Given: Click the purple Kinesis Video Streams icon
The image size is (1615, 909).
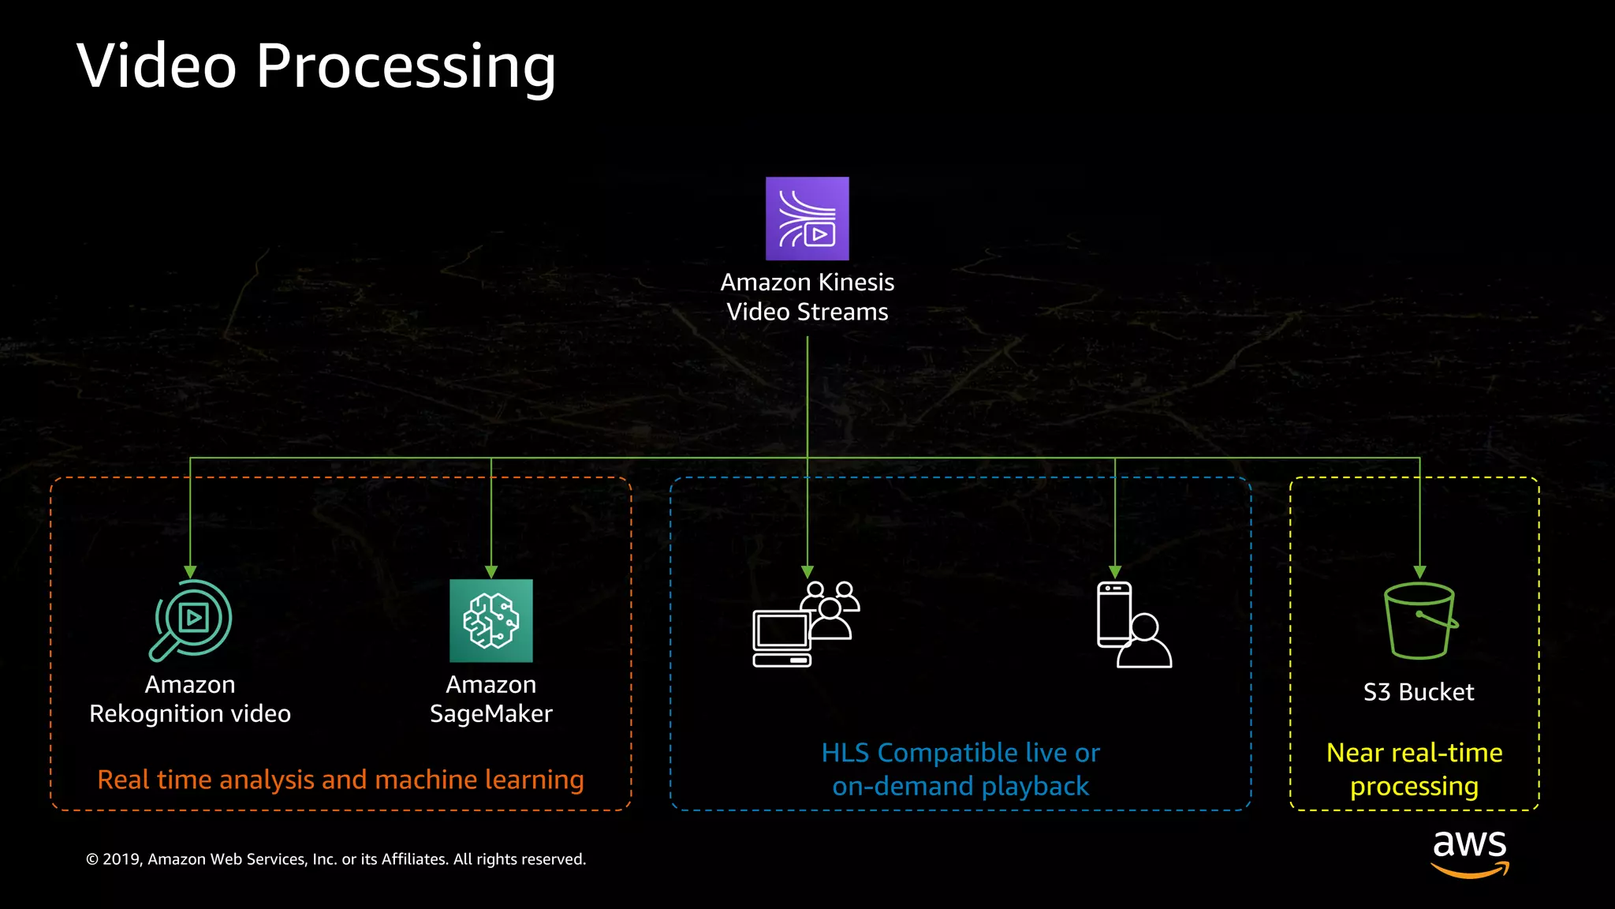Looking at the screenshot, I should (807, 219).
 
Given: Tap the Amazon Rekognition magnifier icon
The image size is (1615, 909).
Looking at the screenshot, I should (191, 620).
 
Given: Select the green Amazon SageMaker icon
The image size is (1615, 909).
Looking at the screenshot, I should (490, 621).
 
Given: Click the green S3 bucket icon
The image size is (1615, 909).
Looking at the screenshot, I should (1419, 621).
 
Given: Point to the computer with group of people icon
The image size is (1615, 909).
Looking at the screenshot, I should (805, 624).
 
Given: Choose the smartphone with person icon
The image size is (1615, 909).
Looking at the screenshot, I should (1133, 625).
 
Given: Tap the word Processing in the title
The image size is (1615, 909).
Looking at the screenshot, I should (405, 67).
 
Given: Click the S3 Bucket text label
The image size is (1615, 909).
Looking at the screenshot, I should (1418, 692).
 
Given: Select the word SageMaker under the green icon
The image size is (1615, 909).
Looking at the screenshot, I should (490, 714).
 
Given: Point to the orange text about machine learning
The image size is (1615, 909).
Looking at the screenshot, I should (340, 780).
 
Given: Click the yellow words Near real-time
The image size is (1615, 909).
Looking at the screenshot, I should (1414, 753).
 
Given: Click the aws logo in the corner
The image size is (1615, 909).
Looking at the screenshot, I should (1469, 852).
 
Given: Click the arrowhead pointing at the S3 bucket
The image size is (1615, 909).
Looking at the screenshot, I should (1419, 572).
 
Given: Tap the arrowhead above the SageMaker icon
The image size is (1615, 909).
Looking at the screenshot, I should (490, 572).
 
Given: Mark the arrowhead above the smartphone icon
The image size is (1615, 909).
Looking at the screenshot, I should (1114, 572).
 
